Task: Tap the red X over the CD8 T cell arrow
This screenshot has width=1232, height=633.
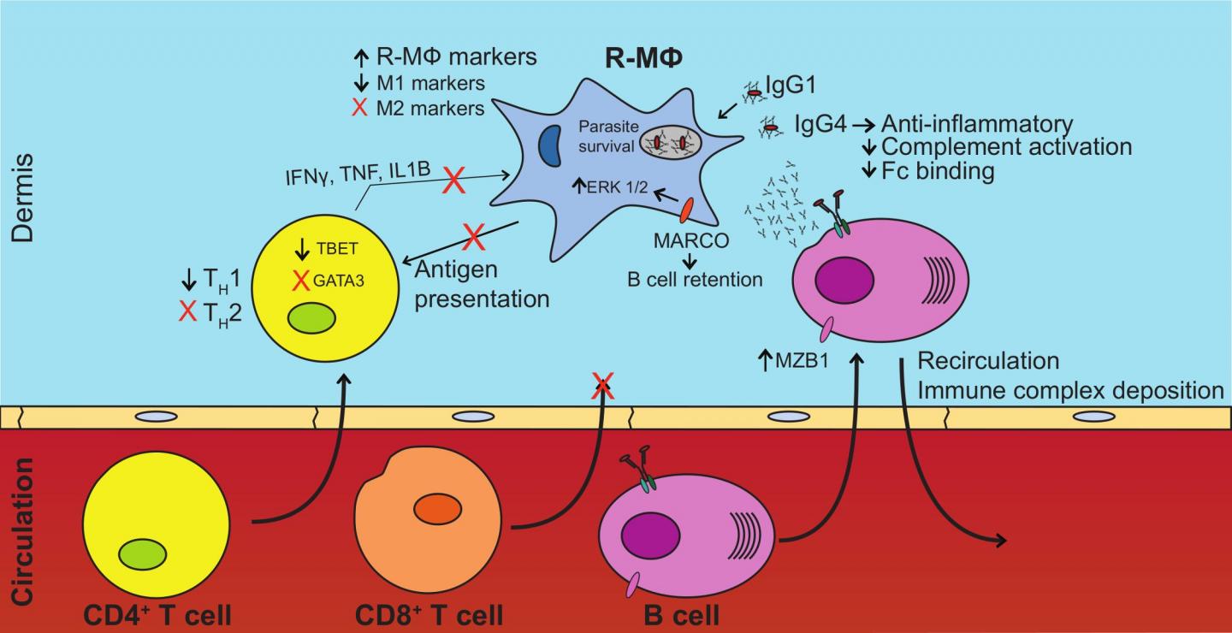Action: pos(605,387)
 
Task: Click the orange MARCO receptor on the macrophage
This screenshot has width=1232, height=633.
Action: pos(686,210)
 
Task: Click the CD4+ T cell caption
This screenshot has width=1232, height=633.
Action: pos(159,614)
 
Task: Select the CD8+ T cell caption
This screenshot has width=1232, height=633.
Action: pos(429,614)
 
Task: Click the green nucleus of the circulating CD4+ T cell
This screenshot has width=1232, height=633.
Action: pos(143,553)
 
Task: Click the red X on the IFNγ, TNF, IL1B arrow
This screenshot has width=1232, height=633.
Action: pos(455,180)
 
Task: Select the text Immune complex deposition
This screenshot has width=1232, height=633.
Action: pos(1069,390)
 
